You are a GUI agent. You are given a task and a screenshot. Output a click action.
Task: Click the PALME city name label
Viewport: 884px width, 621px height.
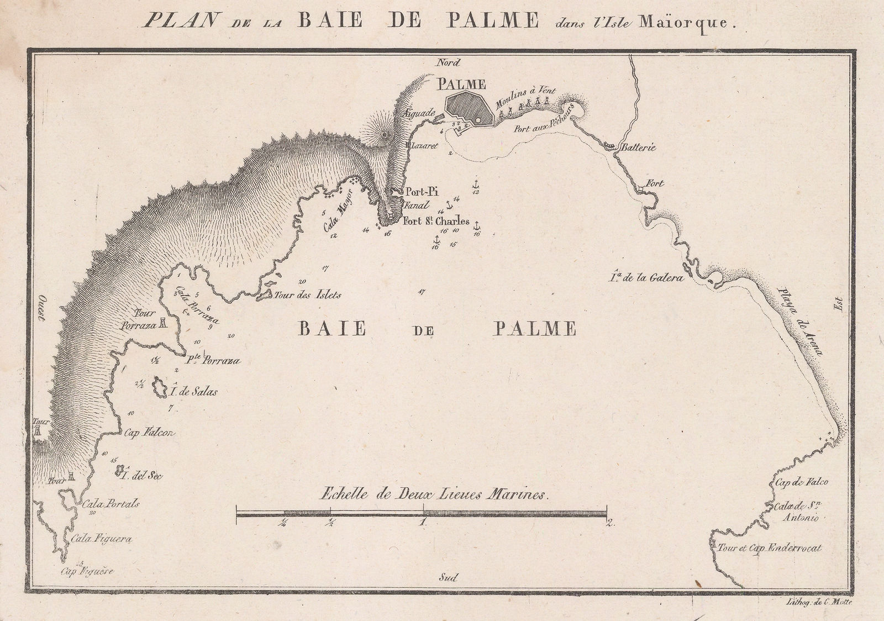click(x=461, y=85)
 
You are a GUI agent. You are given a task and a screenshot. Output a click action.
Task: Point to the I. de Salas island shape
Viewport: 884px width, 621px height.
click(x=161, y=388)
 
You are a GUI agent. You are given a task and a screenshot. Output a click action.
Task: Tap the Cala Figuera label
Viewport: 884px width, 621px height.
click(x=99, y=538)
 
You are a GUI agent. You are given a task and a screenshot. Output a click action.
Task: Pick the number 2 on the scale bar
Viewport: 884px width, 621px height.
click(x=609, y=524)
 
